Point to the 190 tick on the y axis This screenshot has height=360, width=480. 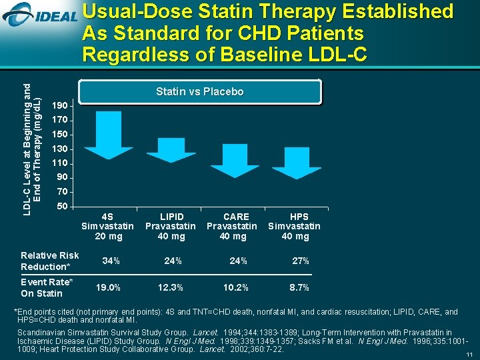pyautogui.click(x=61, y=106)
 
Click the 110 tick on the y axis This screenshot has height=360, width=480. pyautogui.click(x=61, y=163)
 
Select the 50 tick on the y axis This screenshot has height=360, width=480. pyautogui.click(x=61, y=206)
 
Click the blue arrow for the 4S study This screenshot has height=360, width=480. pyautogui.click(x=108, y=134)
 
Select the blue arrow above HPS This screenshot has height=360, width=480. pyautogui.click(x=296, y=160)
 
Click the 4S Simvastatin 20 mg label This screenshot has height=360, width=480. pyautogui.click(x=108, y=227)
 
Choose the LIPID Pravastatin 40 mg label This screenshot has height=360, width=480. pyautogui.click(x=171, y=227)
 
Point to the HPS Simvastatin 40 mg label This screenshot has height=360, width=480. pyautogui.click(x=294, y=227)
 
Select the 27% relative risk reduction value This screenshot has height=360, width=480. pyautogui.click(x=300, y=261)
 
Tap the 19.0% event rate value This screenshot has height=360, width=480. pyautogui.click(x=108, y=288)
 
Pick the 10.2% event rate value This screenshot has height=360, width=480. pyautogui.click(x=235, y=288)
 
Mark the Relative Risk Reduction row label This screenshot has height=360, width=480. pyautogui.click(x=50, y=261)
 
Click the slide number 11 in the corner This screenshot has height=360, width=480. pyautogui.click(x=469, y=354)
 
